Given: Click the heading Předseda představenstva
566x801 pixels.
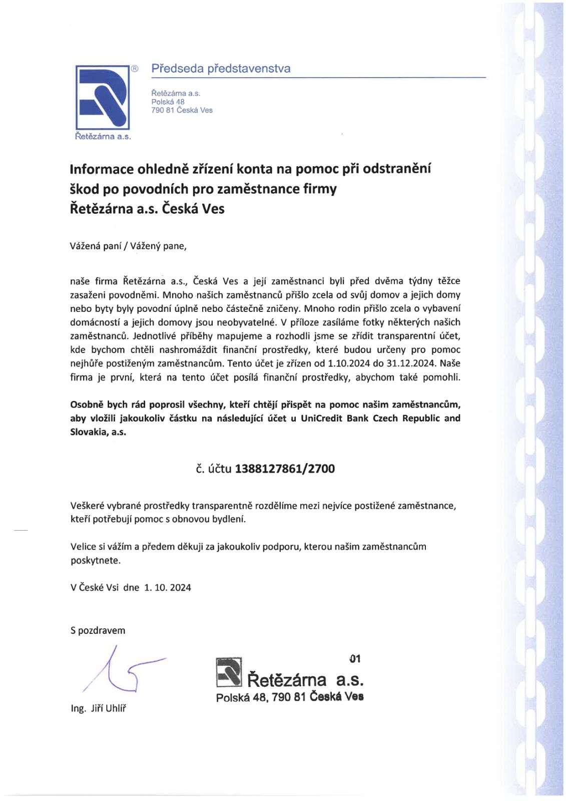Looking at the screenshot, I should (x=221, y=69).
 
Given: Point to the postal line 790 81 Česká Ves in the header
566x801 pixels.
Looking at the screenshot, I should (x=182, y=110).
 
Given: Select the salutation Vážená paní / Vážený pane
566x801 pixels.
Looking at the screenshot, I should (x=128, y=246).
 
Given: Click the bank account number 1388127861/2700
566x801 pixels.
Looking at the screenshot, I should (x=285, y=469).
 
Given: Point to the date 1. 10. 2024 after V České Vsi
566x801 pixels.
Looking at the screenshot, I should (x=168, y=587).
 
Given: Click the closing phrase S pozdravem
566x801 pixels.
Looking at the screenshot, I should (x=98, y=630).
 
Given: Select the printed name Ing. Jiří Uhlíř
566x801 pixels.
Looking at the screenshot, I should (x=99, y=708).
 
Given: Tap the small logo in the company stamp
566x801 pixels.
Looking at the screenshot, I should (x=229, y=672).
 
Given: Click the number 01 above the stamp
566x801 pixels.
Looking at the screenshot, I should (x=355, y=659).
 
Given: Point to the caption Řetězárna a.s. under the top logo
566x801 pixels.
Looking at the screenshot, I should (x=103, y=136).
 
